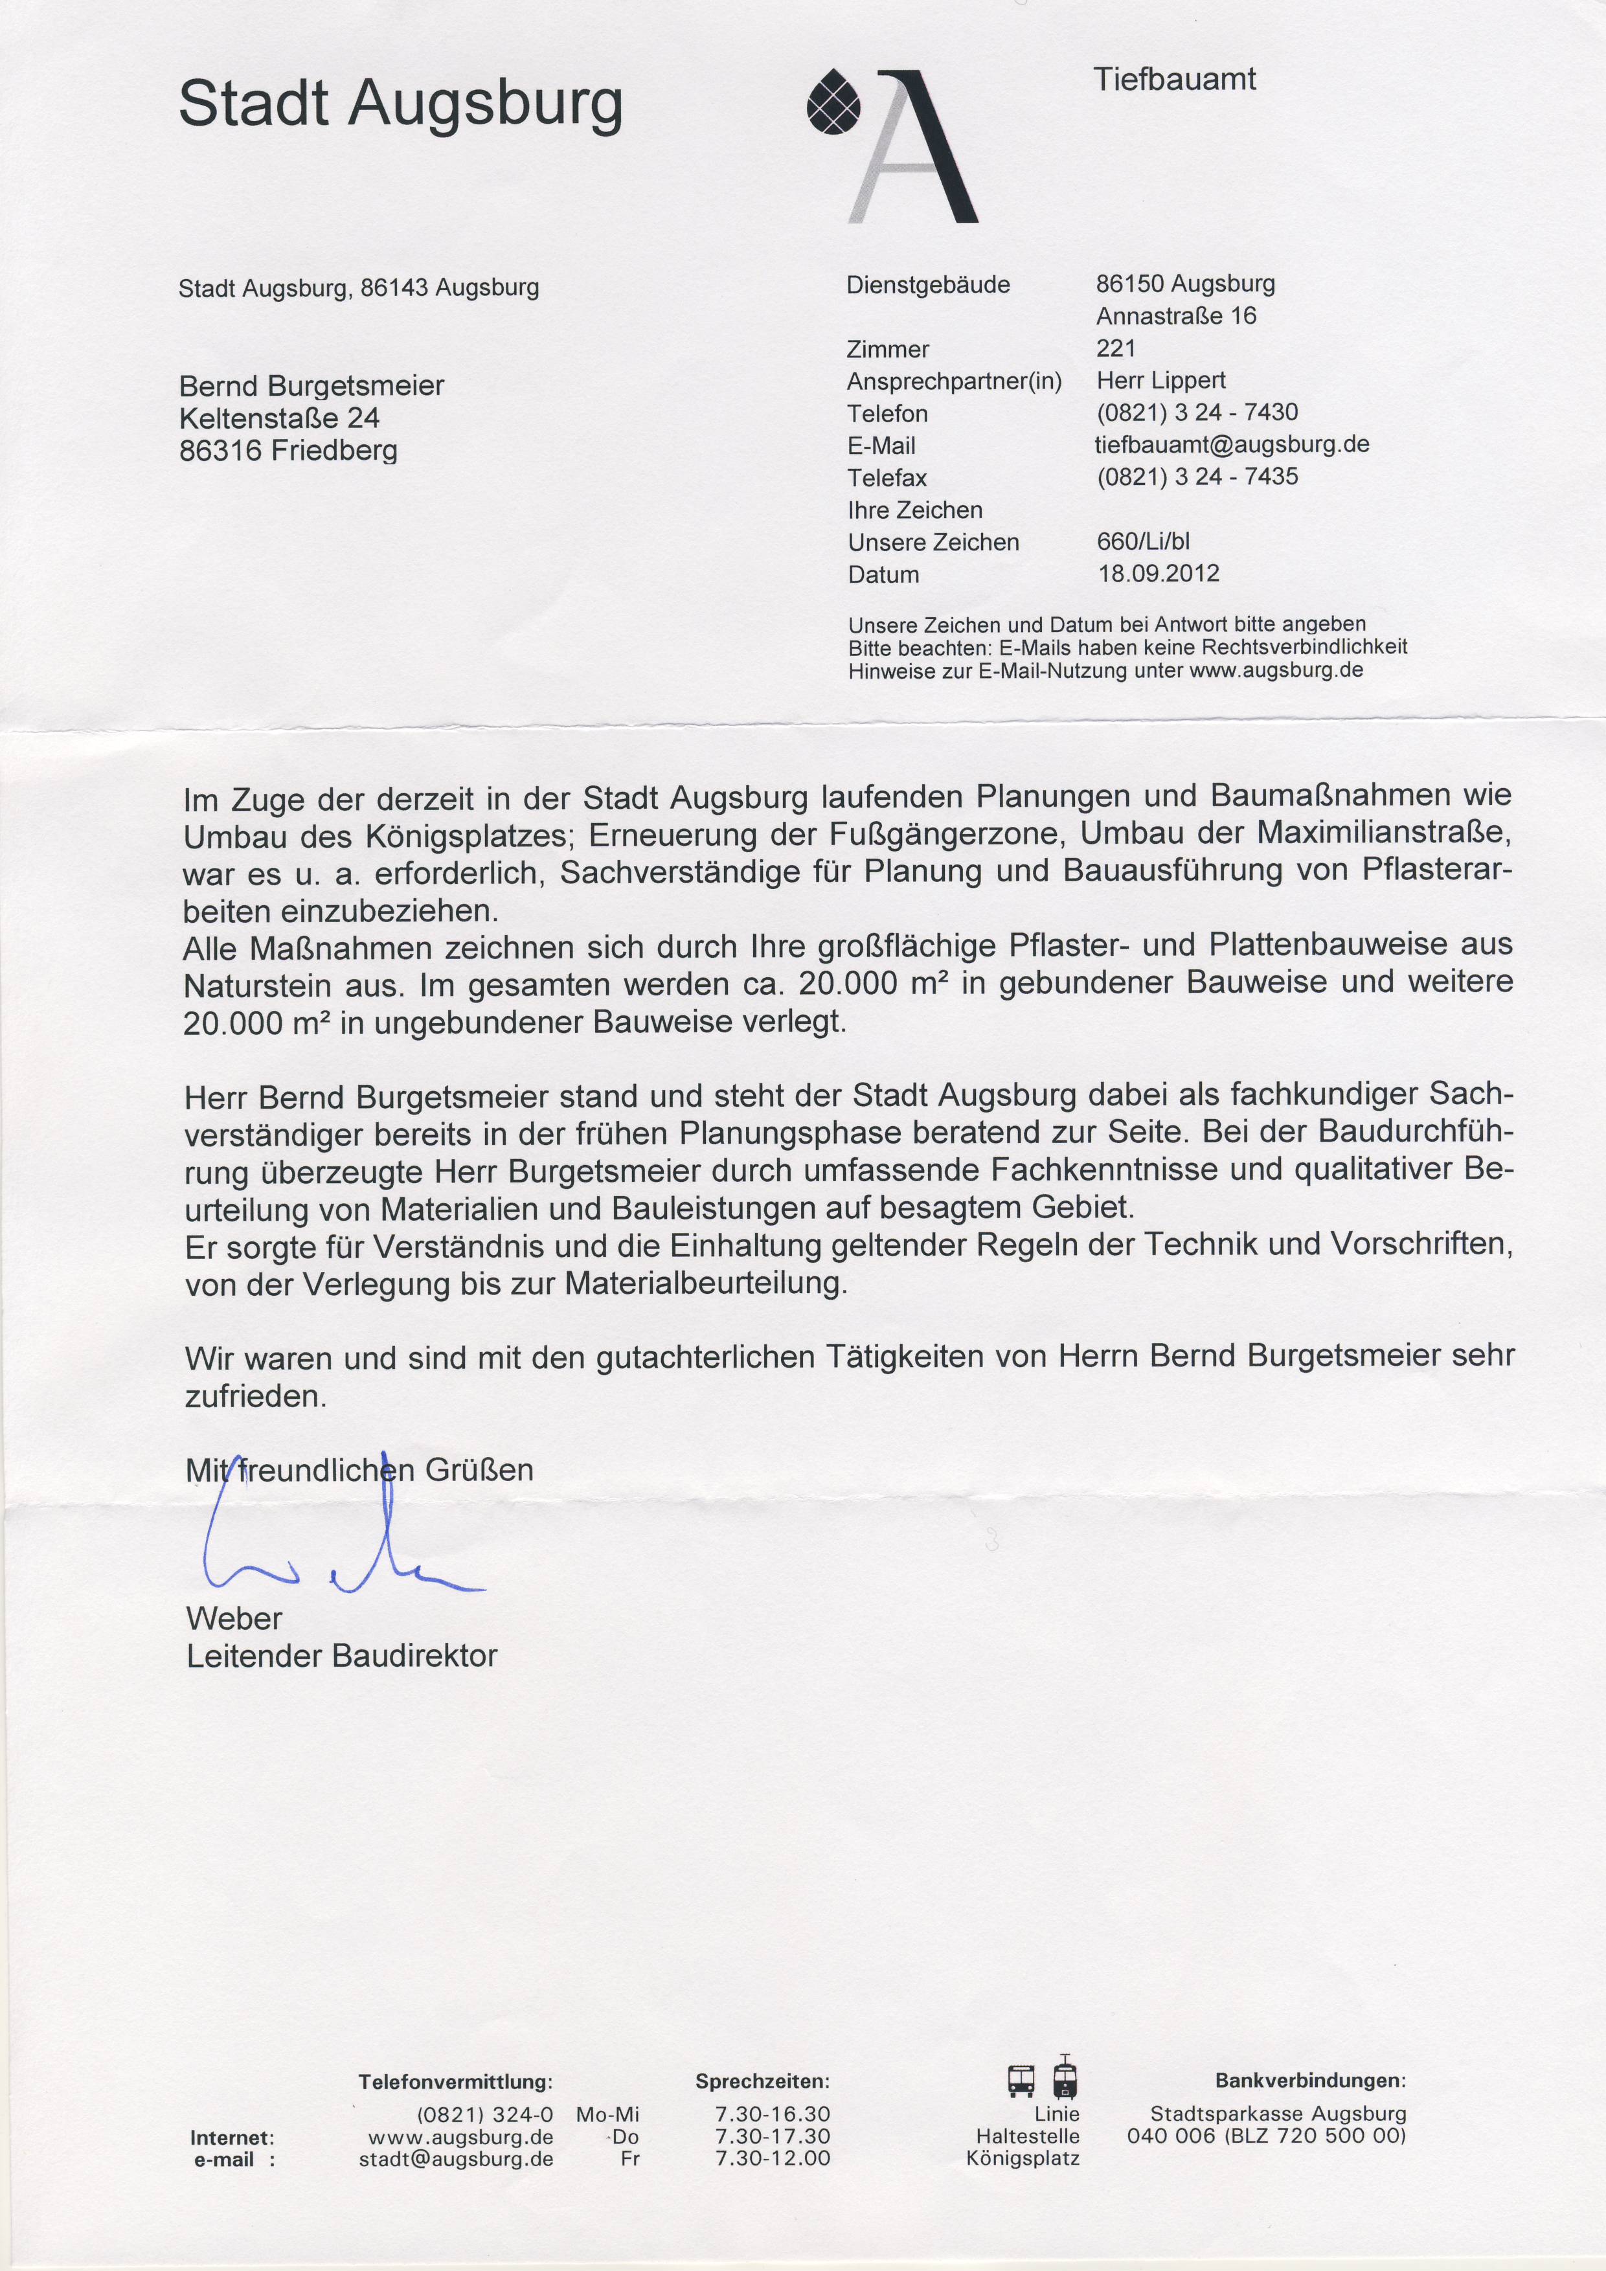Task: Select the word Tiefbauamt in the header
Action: [x=1174, y=79]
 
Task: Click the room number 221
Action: [x=1116, y=348]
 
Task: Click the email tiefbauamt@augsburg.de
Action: [x=1231, y=444]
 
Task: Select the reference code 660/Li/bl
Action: [x=1143, y=542]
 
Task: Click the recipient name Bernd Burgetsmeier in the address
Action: [x=311, y=386]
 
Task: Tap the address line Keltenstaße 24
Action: [x=279, y=418]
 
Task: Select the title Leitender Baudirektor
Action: [x=341, y=1656]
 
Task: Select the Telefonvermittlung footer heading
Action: [x=455, y=2082]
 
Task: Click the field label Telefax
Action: [x=887, y=479]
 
